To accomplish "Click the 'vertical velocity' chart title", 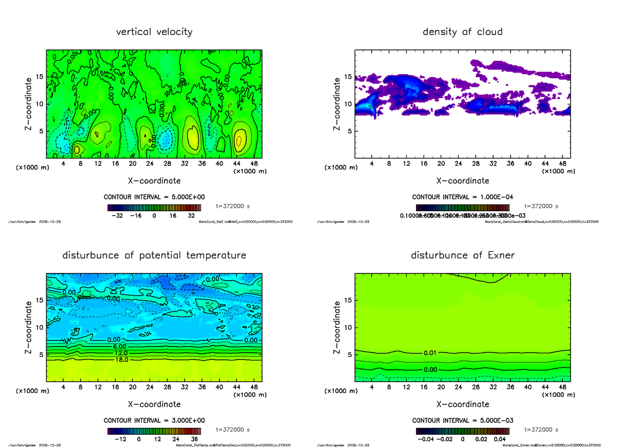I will click(x=154, y=32).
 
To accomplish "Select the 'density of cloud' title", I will click(x=462, y=32).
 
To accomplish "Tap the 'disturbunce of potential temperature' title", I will click(x=154, y=255).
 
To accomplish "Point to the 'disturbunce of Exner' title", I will click(x=462, y=255).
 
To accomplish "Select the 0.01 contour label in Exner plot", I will click(x=430, y=353).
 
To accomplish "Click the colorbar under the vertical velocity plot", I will click(x=154, y=208).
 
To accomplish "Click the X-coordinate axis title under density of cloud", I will click(x=462, y=181).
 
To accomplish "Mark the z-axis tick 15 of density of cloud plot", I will click(x=348, y=77).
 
